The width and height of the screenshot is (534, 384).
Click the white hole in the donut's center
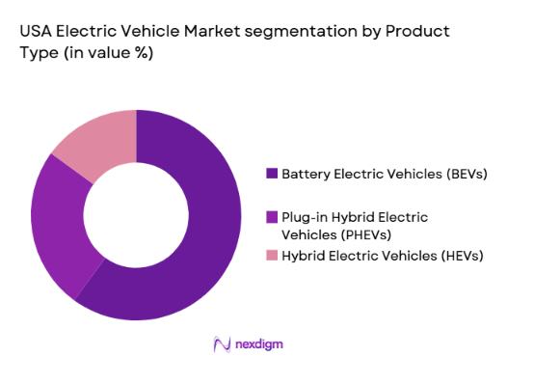pos(136,214)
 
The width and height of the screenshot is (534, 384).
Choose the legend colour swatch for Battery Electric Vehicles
pos(272,175)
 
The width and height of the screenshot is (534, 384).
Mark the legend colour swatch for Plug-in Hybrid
pos(272,216)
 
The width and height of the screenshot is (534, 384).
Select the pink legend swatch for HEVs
pos(272,255)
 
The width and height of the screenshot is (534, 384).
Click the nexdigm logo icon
pos(220,344)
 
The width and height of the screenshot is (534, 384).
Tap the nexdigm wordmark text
pos(257,344)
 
